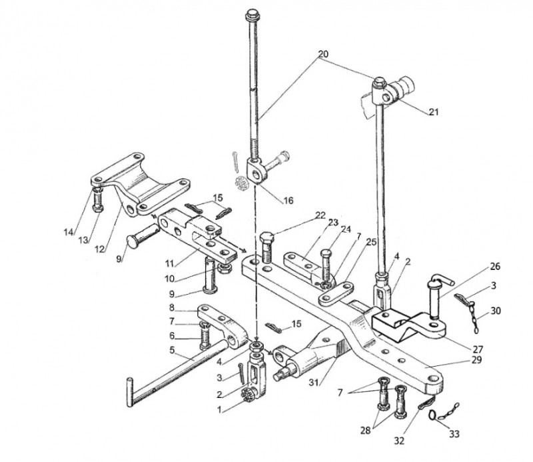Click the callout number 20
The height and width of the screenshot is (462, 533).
tap(323, 54)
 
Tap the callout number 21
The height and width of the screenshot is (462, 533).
tap(434, 111)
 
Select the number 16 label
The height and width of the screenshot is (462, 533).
tap(288, 201)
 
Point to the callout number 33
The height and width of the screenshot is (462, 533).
tap(454, 433)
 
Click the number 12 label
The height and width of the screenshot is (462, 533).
tap(99, 249)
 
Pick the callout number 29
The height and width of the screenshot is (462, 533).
tap(476, 359)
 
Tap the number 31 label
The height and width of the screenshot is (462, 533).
tap(314, 383)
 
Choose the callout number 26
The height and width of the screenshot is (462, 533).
tap(495, 266)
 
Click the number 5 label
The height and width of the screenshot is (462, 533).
tap(173, 350)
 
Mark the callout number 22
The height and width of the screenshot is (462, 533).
tap(320, 215)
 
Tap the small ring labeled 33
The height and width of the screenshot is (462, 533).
tap(432, 415)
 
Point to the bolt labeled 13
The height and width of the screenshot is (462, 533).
tap(98, 201)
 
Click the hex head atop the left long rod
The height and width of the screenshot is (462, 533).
tap(252, 15)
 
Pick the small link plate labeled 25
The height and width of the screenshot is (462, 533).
tap(336, 293)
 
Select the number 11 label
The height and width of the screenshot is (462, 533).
tap(170, 263)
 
